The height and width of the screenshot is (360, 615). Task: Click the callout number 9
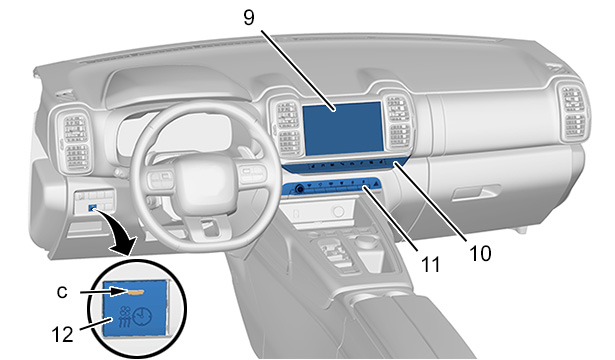click(x=249, y=17)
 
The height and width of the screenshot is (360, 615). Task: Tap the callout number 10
click(x=480, y=253)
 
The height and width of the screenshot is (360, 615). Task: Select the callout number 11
click(x=430, y=265)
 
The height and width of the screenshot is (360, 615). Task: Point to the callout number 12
click(x=62, y=335)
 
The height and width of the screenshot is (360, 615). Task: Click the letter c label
click(x=62, y=292)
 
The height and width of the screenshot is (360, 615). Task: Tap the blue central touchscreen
click(x=343, y=128)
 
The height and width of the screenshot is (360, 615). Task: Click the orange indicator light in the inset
click(x=135, y=292)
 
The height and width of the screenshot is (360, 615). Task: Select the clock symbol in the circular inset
click(x=142, y=317)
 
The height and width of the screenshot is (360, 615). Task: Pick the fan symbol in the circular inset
click(x=126, y=312)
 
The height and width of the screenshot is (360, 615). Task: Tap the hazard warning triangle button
click(x=375, y=183)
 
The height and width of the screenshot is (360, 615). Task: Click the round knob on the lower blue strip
click(x=300, y=189)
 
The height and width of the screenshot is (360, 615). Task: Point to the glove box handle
click(x=476, y=193)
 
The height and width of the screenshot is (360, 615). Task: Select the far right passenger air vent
click(x=574, y=112)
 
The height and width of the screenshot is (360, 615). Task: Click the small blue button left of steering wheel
click(x=93, y=207)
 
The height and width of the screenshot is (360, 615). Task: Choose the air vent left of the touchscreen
click(x=287, y=125)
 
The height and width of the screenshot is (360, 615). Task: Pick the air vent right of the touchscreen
click(x=398, y=122)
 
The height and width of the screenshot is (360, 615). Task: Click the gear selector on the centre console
click(x=337, y=251)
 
